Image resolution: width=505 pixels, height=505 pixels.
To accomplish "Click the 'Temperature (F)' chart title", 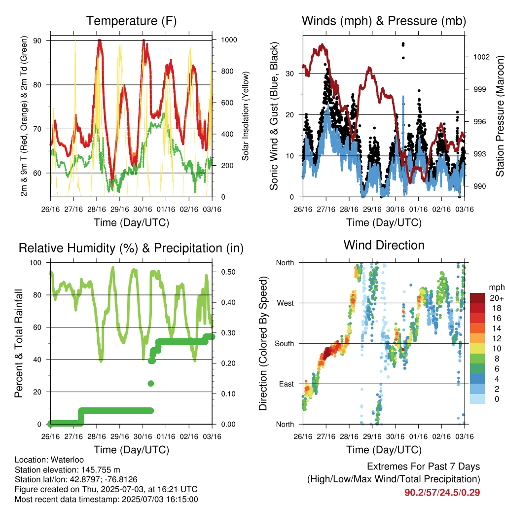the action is point(131,21).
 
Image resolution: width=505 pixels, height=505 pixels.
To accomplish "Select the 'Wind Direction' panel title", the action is point(384,245).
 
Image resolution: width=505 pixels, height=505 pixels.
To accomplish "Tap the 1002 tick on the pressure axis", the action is point(481,57).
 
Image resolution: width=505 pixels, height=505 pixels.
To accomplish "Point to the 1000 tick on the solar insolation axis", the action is point(229,40).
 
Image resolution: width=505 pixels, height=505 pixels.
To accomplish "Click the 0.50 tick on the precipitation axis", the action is point(228,272).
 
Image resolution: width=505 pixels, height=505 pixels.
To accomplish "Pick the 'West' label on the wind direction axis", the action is point(286,303).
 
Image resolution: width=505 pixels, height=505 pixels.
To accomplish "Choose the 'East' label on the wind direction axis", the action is point(287,384).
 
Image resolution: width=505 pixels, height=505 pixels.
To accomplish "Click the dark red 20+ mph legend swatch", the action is point(477,298).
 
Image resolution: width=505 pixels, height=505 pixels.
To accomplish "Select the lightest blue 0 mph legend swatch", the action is point(477,398).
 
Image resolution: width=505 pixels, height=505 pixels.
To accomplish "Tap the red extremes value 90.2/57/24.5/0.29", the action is point(442,493).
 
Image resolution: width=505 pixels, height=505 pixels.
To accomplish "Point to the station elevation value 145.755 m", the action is point(101,469).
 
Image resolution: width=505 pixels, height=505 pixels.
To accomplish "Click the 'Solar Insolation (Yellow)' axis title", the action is point(246,116).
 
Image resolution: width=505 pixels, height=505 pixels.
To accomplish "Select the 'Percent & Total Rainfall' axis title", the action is point(19,343).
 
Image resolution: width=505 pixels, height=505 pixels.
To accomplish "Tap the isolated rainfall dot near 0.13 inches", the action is point(151,384).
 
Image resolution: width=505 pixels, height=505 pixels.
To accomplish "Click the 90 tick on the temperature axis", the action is point(37,41).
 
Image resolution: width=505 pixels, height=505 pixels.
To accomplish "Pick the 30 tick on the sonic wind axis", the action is point(289,74).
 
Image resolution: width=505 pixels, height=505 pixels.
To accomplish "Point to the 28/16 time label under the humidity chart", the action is point(97,437).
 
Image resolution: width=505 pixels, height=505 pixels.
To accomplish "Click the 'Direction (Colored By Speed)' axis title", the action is point(263,343).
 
